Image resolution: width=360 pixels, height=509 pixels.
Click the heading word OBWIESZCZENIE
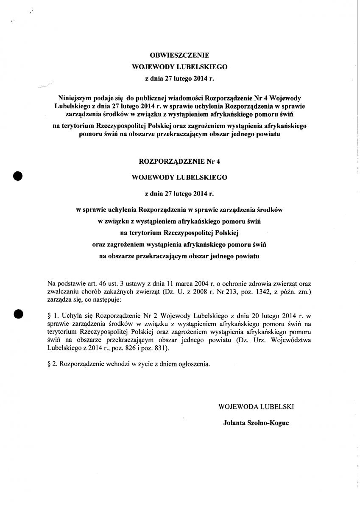tap(180, 55)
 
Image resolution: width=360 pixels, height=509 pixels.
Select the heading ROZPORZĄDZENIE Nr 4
tap(180, 161)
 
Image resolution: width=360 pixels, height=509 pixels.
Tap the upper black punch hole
tap(18, 176)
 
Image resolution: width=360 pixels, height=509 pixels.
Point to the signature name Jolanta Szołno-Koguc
tap(256, 423)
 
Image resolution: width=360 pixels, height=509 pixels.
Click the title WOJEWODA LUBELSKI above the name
tap(256, 406)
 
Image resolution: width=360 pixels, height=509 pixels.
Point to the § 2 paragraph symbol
tap(50, 364)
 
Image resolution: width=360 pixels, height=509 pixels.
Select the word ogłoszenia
tap(195, 364)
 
